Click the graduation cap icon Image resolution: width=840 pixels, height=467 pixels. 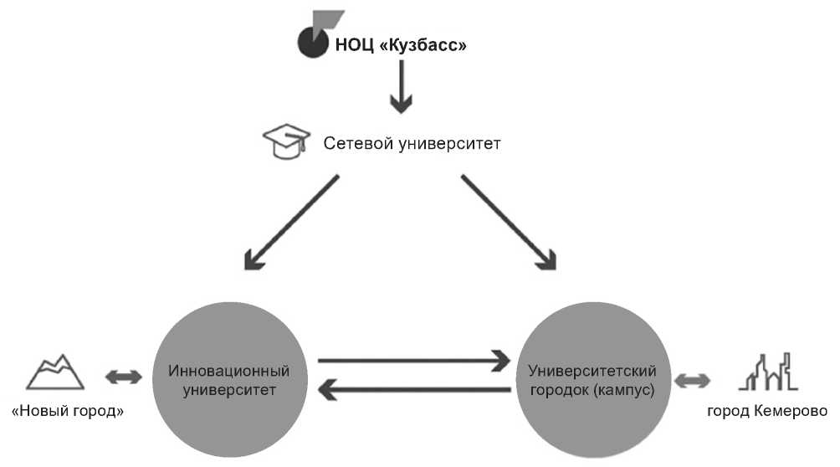280,143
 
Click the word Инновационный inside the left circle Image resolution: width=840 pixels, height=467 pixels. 228,369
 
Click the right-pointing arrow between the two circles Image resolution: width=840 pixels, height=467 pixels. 414,361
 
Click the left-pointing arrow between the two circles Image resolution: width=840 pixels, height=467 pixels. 414,388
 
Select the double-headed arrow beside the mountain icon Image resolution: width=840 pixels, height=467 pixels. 124,377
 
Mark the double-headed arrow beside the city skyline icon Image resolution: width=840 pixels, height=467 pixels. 692,381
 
